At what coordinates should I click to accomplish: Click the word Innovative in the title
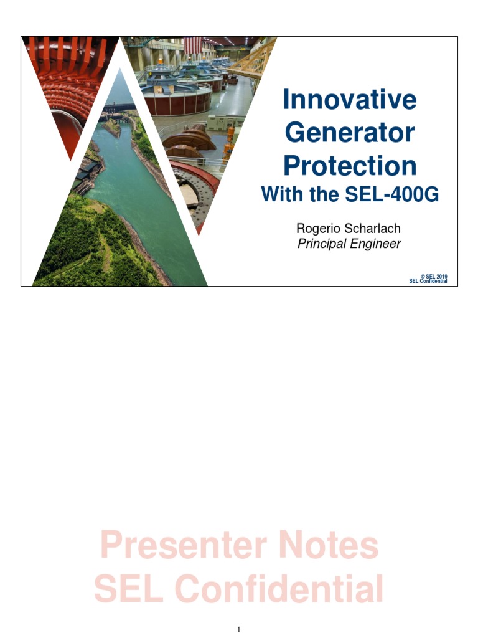pyautogui.click(x=349, y=100)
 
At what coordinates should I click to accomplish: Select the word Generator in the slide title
pyautogui.click(x=349, y=133)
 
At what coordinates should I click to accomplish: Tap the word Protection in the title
pyautogui.click(x=350, y=166)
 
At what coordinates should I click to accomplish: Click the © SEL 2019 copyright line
pyautogui.click(x=434, y=276)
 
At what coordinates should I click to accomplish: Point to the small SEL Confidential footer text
pyautogui.click(x=428, y=281)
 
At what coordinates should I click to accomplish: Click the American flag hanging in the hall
pyautogui.click(x=192, y=44)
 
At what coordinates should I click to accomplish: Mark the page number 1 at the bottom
pyautogui.click(x=239, y=629)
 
